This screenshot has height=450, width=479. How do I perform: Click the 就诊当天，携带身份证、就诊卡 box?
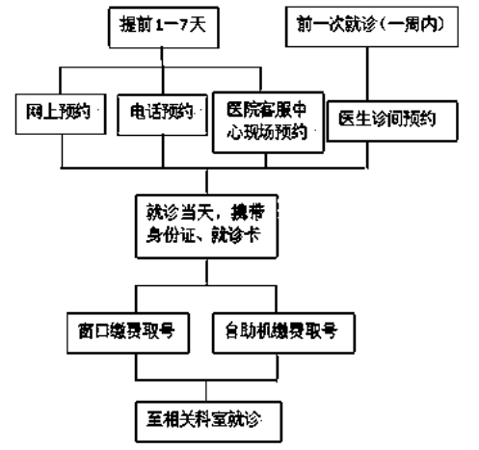pyautogui.click(x=207, y=224)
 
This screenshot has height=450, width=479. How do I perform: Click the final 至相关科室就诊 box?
pyautogui.click(x=208, y=417)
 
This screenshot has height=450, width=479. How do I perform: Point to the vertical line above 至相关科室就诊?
pyautogui.click(x=208, y=387)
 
